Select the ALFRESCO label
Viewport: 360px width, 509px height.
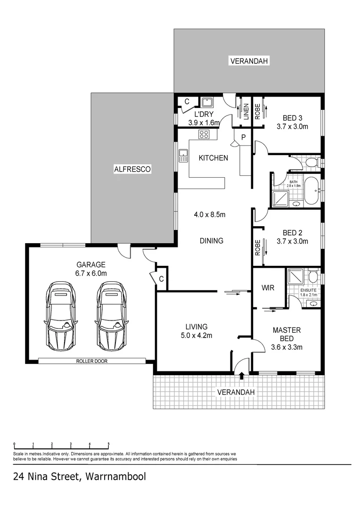click(132, 170)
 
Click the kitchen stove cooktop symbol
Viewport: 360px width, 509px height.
click(205, 134)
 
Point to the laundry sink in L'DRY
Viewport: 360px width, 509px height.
click(207, 103)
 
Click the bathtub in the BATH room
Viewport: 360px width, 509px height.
click(311, 191)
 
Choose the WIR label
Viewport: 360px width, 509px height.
click(268, 287)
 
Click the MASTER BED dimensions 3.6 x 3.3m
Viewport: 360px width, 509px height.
click(286, 347)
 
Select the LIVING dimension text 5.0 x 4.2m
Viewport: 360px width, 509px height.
click(196, 336)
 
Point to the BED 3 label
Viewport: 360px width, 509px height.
click(293, 118)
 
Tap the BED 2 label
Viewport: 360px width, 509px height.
click(293, 233)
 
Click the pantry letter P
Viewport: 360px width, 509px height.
click(243, 138)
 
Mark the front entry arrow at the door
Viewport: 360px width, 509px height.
click(242, 375)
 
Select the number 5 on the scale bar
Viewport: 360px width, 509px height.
click(109, 443)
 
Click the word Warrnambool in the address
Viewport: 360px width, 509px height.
click(116, 476)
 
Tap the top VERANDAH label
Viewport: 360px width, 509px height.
click(249, 61)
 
